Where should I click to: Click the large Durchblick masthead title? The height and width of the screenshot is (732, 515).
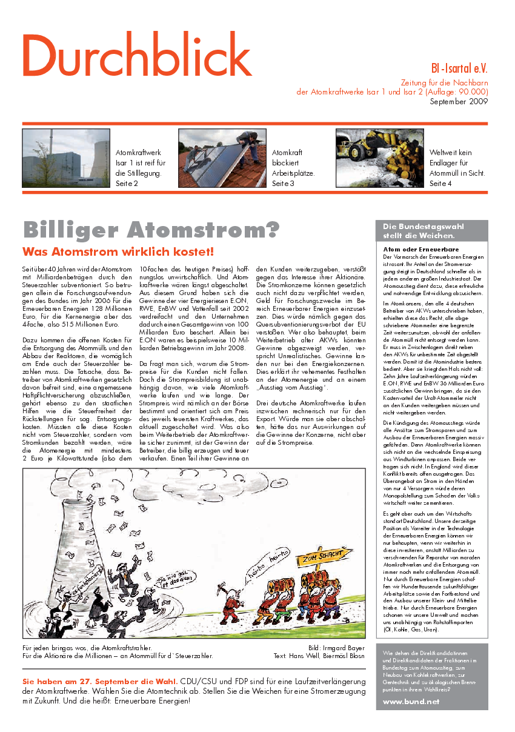pos(137,55)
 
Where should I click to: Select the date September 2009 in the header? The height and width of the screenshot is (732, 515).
pos(459,101)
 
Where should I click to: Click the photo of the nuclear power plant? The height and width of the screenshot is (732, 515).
pos(66,157)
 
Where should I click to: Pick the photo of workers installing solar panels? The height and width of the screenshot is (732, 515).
pos(222,157)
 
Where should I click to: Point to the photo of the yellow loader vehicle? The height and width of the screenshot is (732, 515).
pos(379,157)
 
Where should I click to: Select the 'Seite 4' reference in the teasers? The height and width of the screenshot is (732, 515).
pos(440,183)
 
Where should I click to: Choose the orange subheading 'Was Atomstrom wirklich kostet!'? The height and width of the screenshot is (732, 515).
pos(118,251)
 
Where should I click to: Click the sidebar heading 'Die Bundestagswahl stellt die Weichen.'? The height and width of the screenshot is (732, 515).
pos(423,231)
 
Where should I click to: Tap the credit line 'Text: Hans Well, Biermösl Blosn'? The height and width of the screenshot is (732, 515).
pos(319,655)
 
